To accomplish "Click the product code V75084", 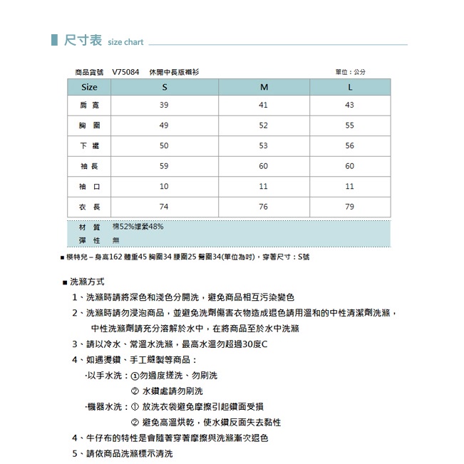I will [x=125, y=73].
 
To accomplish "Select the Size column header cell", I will [x=90, y=88].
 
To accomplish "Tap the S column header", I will [x=164, y=88].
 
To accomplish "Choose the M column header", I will [x=263, y=88].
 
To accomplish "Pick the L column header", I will [x=349, y=88].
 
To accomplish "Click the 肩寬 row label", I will [x=90, y=105].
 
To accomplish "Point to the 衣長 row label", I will [x=90, y=207].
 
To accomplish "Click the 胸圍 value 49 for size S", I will [x=164, y=125].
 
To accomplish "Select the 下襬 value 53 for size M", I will [x=263, y=146].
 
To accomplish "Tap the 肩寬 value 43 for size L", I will [x=349, y=105].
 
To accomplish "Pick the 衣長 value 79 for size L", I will [x=349, y=207].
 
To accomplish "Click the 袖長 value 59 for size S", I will [x=164, y=166].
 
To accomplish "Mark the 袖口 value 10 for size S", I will [x=164, y=186].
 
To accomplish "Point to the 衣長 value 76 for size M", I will [x=263, y=207].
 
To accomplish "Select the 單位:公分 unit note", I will [x=350, y=73].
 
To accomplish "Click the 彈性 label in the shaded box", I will [x=90, y=241].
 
